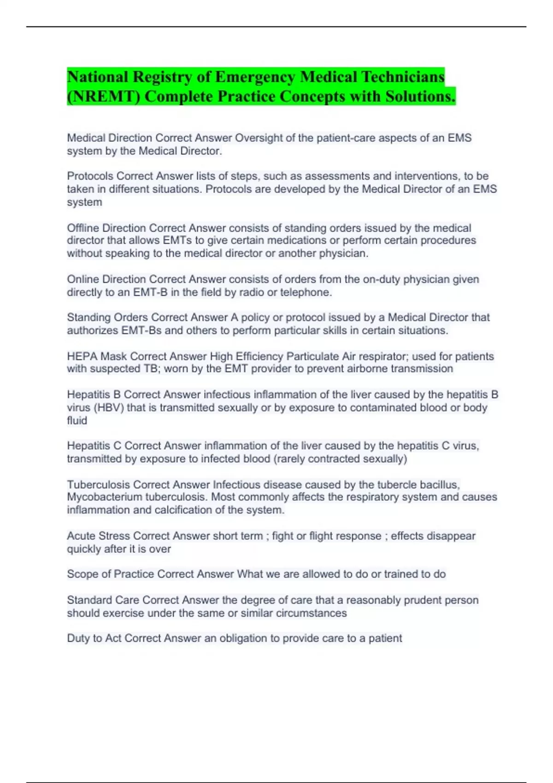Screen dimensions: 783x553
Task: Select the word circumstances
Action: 311,613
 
